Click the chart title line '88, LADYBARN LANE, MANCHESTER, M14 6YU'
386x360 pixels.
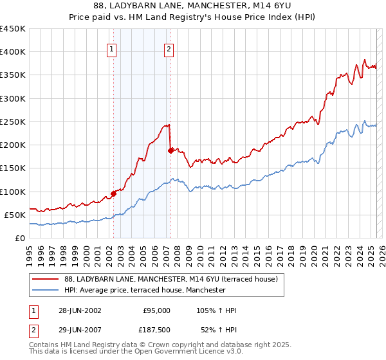tap(192, 6)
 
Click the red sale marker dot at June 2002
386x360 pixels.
tap(113, 193)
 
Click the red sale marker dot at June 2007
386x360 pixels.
tap(170, 150)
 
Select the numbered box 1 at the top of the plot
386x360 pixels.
tap(112, 49)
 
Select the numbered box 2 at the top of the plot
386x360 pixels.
tap(169, 49)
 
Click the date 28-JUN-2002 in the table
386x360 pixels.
tap(80, 310)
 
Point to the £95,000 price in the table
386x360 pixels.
tap(156, 310)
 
